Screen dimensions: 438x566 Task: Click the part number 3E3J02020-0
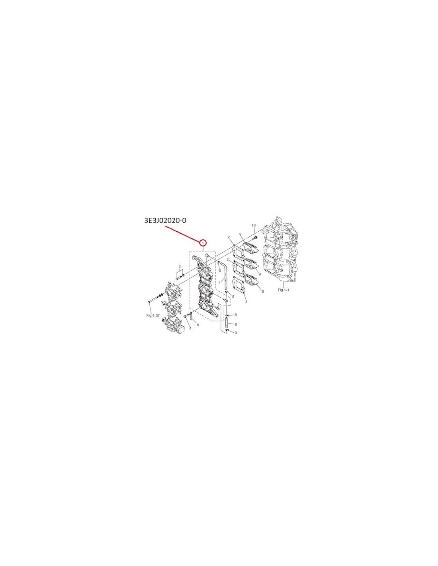point(165,221)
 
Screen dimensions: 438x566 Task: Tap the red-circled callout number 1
point(203,243)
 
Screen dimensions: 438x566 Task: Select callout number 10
point(254,225)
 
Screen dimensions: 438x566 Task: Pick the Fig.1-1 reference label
point(283,290)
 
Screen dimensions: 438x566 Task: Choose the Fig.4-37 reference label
point(153,315)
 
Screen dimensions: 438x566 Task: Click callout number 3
point(180,266)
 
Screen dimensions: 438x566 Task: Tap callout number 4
point(190,328)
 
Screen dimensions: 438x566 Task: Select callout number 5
point(198,325)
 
